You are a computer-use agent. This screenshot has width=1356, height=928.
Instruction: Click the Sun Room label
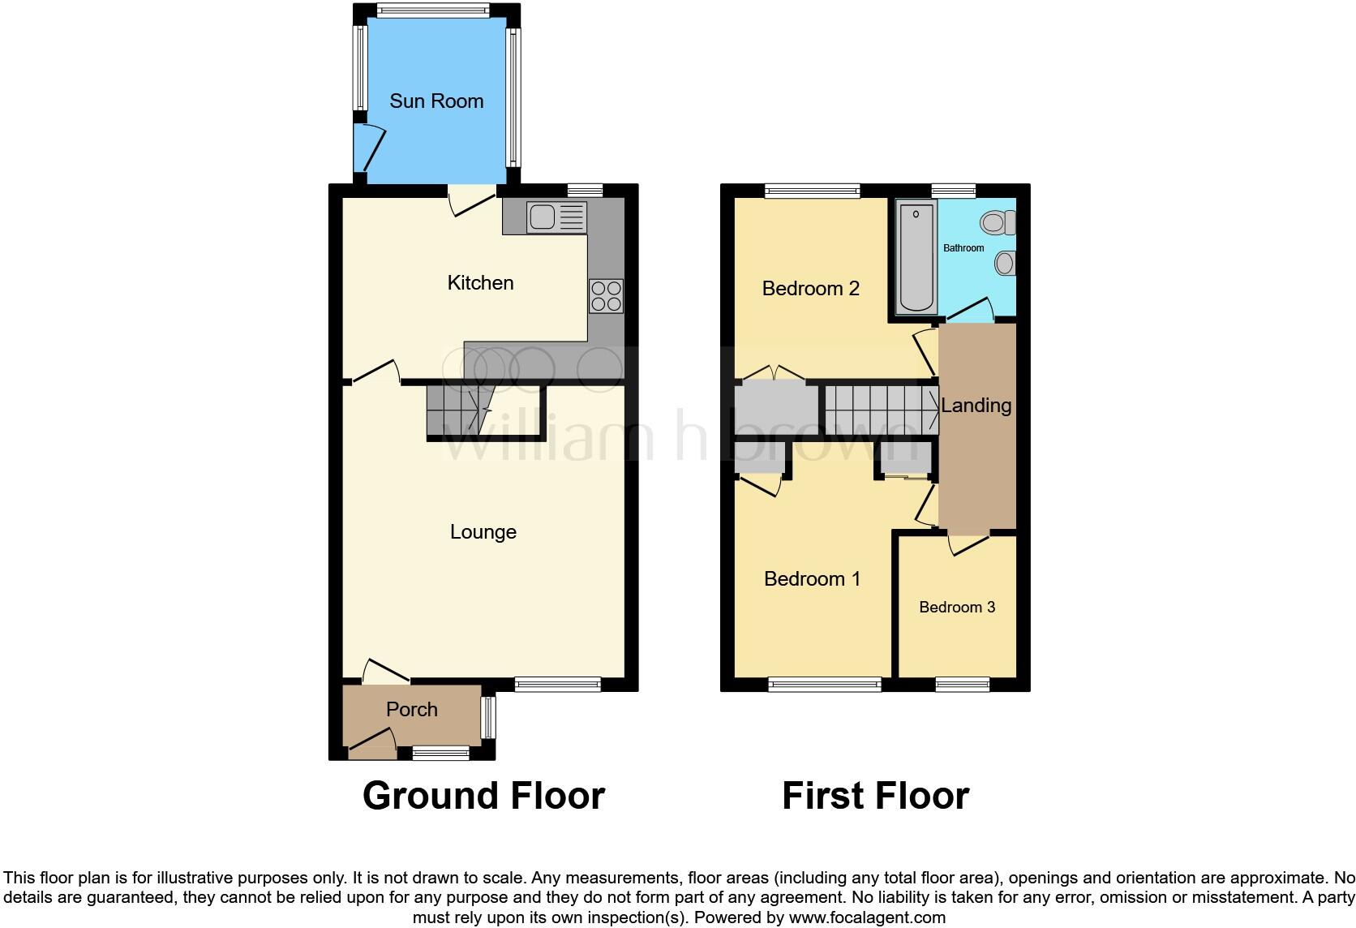436,101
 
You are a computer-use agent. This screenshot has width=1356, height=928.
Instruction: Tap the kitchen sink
556,217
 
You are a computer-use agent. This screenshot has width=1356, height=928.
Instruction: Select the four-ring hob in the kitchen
606,295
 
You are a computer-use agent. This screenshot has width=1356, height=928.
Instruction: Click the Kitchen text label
480,283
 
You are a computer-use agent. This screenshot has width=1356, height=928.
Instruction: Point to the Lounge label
483,532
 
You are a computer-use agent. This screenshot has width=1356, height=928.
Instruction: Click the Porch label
411,710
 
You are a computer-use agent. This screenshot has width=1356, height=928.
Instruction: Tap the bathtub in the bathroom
916,258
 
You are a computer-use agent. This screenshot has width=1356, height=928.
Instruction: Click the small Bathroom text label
963,248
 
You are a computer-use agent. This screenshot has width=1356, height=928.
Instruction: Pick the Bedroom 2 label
810,289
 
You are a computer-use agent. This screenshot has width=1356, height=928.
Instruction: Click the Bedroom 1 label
812,579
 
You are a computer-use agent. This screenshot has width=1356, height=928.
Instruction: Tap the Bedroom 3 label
957,608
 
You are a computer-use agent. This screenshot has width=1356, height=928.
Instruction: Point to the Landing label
976,406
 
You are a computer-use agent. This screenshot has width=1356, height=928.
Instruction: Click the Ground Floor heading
483,796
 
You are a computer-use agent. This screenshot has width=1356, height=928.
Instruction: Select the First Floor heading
875,796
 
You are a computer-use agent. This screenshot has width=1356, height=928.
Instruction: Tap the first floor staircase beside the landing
880,406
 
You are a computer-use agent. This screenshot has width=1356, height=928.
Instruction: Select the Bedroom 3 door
969,543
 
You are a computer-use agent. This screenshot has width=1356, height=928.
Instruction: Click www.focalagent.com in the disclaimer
867,918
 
